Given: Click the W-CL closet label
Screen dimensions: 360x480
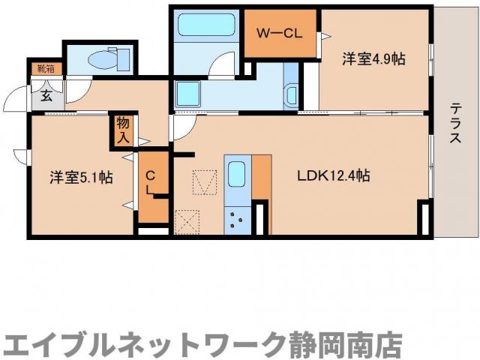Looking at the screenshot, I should coord(278,33).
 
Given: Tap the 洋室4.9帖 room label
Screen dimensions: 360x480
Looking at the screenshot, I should coord(374,58).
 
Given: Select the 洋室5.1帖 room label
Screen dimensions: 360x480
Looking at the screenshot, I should coord(81,178).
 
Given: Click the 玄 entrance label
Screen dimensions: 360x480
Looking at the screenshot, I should coord(46,95).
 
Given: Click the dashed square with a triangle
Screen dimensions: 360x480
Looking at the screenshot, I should coord(203,182).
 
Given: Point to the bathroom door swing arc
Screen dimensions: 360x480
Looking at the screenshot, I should coord(222,67).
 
